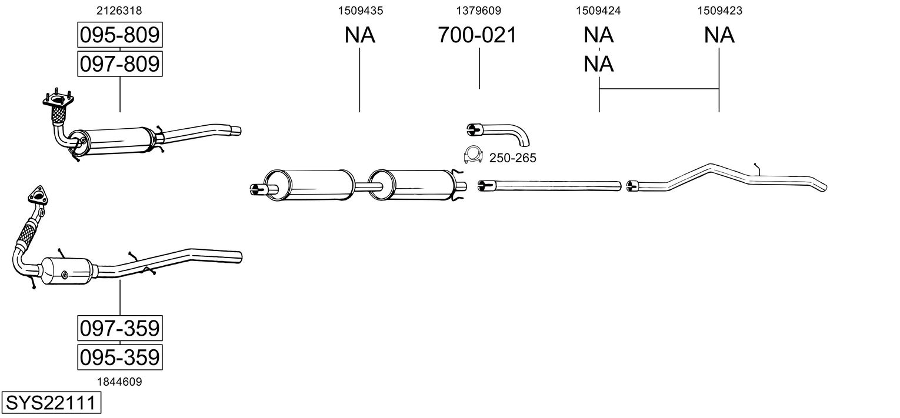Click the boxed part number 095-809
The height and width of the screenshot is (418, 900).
(x=120, y=35)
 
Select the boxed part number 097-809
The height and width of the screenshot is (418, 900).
(x=120, y=63)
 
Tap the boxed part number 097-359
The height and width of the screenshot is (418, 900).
(x=120, y=328)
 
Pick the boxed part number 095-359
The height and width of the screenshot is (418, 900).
(x=120, y=357)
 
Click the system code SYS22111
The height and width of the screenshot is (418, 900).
(x=51, y=402)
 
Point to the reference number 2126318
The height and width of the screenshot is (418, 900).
(x=119, y=11)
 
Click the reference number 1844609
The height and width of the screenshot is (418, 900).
(x=119, y=382)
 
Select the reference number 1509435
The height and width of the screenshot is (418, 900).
(x=361, y=11)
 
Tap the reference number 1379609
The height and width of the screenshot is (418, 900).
(x=478, y=11)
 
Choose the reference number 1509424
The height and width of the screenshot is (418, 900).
(x=598, y=11)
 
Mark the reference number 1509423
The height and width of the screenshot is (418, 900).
(x=719, y=11)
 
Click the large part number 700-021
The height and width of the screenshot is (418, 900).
(x=477, y=35)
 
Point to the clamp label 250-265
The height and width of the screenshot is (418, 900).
(x=513, y=158)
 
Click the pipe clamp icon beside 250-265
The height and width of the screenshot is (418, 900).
(x=473, y=155)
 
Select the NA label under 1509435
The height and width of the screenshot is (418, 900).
(x=360, y=35)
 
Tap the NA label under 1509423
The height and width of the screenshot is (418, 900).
(x=719, y=35)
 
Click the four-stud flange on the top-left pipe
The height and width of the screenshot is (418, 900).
(x=58, y=99)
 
